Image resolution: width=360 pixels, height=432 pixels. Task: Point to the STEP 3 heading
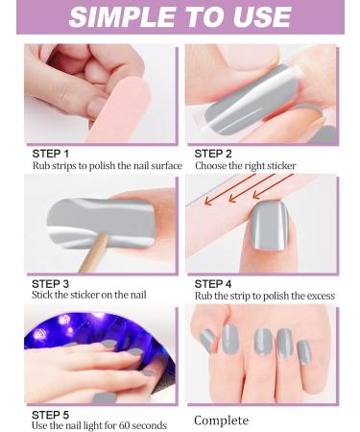click(51, 283)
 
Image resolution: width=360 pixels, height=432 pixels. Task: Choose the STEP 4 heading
click(213, 283)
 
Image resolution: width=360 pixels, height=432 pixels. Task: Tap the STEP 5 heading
click(51, 413)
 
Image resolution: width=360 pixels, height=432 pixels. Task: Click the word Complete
click(222, 420)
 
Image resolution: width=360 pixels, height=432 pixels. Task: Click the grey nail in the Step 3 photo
click(91, 221)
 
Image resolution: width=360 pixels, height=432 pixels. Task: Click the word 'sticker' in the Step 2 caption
click(279, 166)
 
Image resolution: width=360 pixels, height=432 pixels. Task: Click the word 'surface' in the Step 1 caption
click(163, 166)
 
